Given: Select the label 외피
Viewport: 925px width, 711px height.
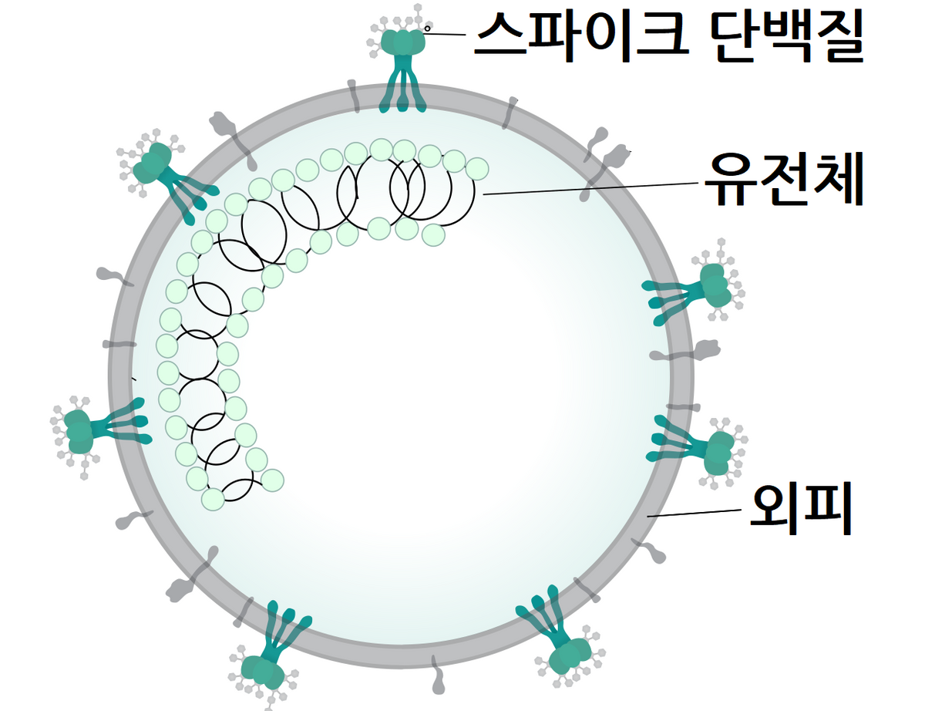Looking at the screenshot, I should [x=802, y=509].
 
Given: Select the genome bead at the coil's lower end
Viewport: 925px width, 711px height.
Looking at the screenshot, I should [x=213, y=499].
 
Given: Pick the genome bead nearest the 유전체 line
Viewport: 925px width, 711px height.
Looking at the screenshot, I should [x=477, y=167].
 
